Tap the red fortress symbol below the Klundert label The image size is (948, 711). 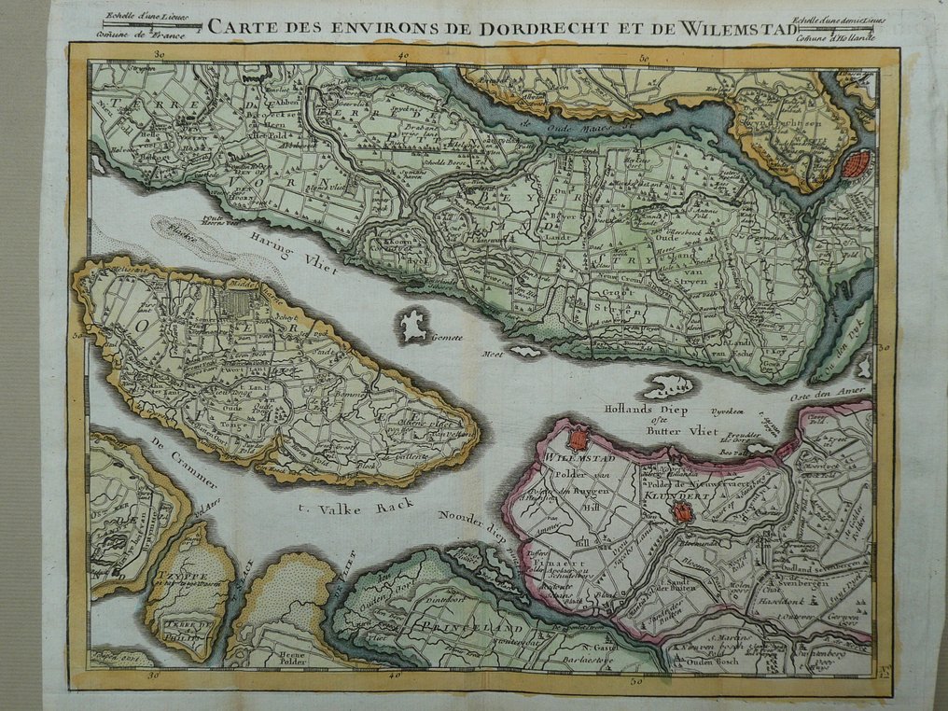pyautogui.click(x=683, y=512)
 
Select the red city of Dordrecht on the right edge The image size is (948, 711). pyautogui.click(x=856, y=165)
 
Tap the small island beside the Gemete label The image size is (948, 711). pyautogui.click(x=411, y=325)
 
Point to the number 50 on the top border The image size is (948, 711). pyautogui.click(x=644, y=59)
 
